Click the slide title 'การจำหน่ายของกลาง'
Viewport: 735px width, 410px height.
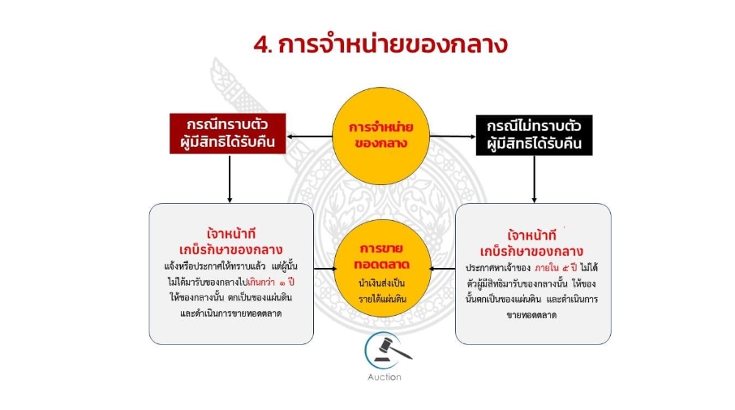click(393, 45)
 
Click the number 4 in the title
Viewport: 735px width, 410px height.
click(261, 45)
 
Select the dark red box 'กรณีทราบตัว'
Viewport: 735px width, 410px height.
click(228, 133)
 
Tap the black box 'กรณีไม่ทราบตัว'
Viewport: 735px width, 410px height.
click(534, 135)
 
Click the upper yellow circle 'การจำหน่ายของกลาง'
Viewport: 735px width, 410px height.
click(380, 136)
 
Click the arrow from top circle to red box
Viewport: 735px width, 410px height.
click(309, 136)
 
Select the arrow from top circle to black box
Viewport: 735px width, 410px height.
click(453, 136)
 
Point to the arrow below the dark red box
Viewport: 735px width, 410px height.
click(230, 179)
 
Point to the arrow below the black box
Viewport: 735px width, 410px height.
click(534, 179)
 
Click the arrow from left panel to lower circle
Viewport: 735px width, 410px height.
click(325, 269)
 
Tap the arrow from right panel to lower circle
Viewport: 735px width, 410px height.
click(442, 269)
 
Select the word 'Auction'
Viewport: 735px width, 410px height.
click(385, 378)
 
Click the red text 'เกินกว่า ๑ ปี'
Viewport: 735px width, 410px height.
click(271, 282)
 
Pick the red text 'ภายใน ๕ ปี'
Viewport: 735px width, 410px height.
click(556, 268)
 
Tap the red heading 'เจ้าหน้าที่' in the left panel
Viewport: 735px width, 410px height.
click(231, 233)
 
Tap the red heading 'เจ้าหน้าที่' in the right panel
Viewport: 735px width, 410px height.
click(531, 235)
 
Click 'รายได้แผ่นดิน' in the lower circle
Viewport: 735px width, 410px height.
click(382, 300)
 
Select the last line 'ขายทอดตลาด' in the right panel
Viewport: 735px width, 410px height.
click(531, 315)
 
